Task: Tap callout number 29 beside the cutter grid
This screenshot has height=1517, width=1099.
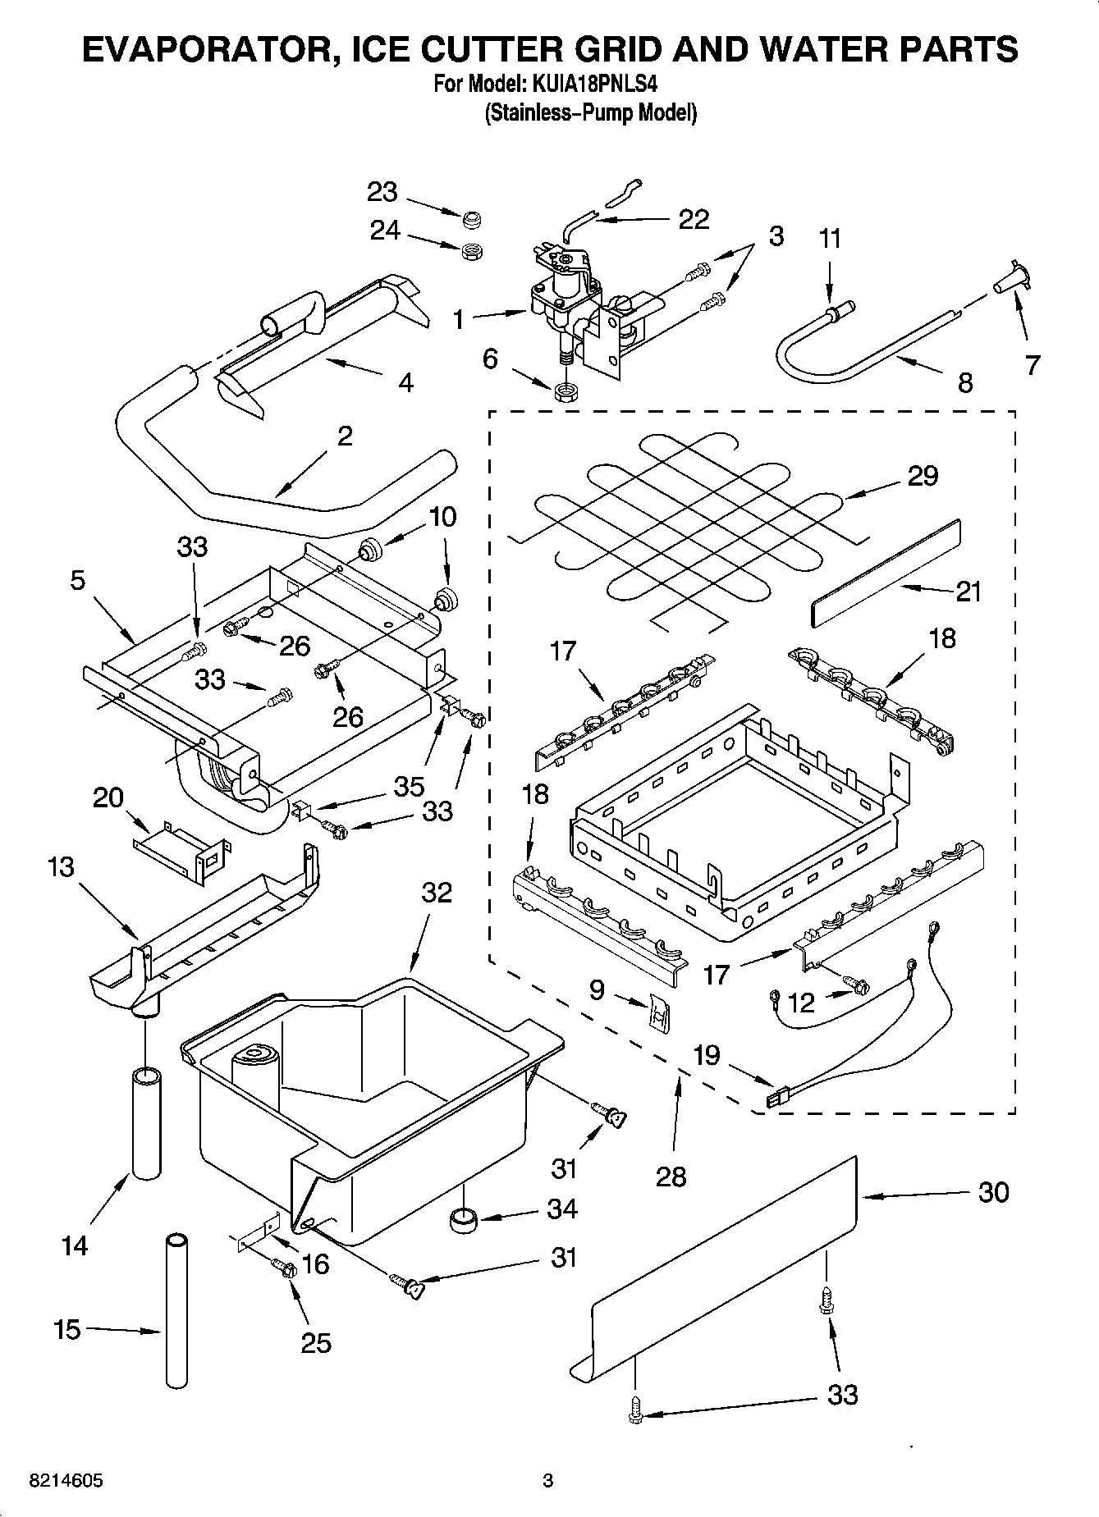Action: point(923,475)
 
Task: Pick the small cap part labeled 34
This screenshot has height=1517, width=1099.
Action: point(465,1220)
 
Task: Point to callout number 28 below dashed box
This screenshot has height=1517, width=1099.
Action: point(671,1177)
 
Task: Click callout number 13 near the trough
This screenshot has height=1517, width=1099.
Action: point(61,866)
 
